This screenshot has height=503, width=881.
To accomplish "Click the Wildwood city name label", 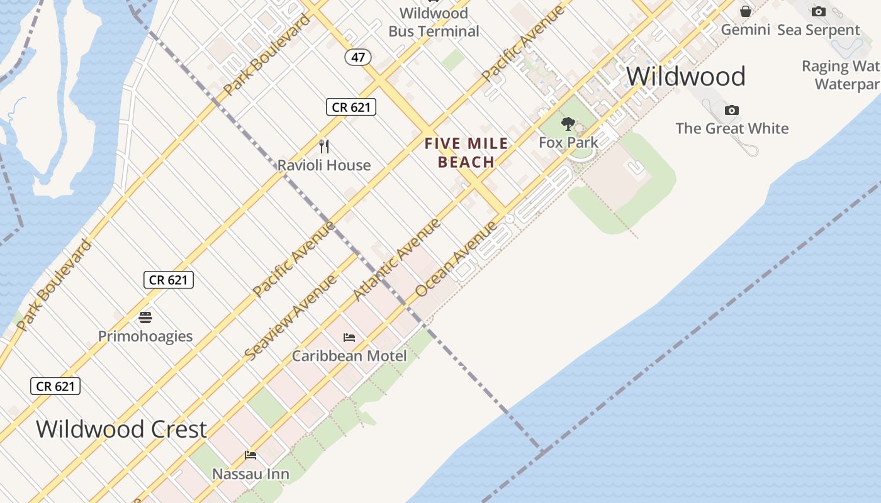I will pos(685,77).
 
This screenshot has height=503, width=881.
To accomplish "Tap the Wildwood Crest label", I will pos(121,429).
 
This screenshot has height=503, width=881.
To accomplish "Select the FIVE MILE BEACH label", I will pos(466,153).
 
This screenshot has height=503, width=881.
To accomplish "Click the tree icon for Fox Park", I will pos(568,123).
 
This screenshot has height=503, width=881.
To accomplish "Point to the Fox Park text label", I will pos(568,143).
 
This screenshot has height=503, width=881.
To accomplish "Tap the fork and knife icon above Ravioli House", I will pos(324,146).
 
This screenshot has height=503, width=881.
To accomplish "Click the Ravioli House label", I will pos(324,165).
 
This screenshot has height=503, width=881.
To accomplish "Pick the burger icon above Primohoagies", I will pos(145,317).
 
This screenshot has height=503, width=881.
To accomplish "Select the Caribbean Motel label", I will pos(349,356).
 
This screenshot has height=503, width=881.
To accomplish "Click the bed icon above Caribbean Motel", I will pos(349,338).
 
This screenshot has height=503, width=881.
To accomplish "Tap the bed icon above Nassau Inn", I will pos(250,455).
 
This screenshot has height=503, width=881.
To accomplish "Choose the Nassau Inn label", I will pos(250,474).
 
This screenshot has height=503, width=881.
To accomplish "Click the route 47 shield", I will pos(358,57).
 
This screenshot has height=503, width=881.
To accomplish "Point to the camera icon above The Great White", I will pos(731,111).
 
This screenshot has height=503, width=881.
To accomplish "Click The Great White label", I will pos(732,129).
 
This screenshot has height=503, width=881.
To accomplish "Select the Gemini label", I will pos(745,30).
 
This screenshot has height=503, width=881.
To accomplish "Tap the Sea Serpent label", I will pos(818,30).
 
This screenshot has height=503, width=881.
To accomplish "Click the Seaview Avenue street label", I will pos(290,319).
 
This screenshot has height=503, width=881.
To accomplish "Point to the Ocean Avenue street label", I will pos(456,258).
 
